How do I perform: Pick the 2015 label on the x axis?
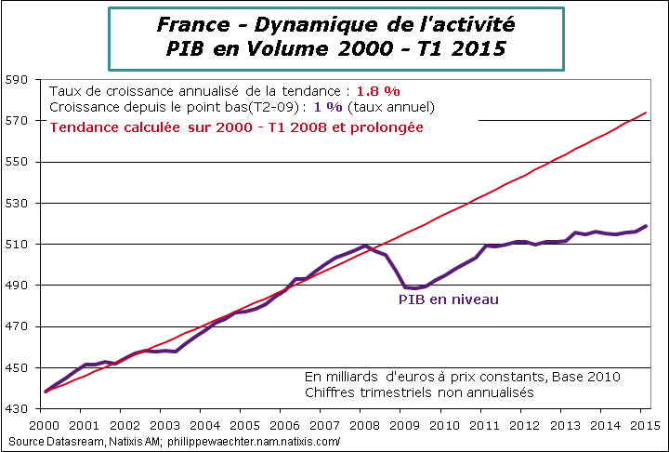640,424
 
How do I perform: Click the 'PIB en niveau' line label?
449,299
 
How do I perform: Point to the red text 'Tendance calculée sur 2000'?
139,126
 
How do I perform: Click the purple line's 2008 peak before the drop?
365,246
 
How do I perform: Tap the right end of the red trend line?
646,113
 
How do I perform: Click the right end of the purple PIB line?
647,226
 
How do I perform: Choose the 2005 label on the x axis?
241,424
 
